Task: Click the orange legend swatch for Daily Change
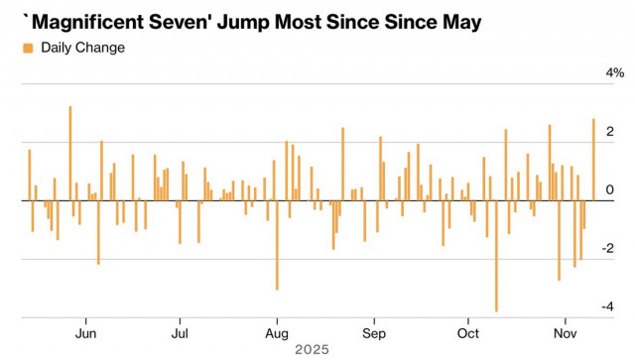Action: [x=27, y=48]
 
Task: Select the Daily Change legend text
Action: [x=82, y=48]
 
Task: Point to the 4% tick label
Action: [x=614, y=73]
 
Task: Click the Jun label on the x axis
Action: [x=86, y=333]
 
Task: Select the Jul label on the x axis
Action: [x=181, y=333]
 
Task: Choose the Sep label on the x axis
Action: [x=373, y=333]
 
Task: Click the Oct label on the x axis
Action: [x=467, y=333]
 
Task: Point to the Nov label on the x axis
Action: [x=565, y=333]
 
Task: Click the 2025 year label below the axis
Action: [x=312, y=350]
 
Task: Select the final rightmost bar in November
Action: [x=593, y=160]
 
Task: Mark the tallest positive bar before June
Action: [x=69, y=154]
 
